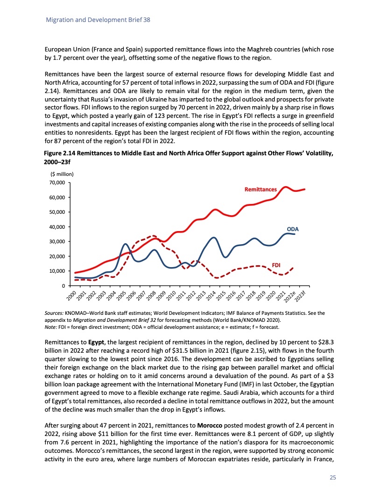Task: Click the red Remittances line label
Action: coord(261,189)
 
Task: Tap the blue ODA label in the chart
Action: coord(292,229)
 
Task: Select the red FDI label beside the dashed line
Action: coord(276,265)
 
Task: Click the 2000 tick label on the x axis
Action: coord(71,296)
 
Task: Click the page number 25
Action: coord(333,478)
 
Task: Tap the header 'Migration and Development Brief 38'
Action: coord(97,21)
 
